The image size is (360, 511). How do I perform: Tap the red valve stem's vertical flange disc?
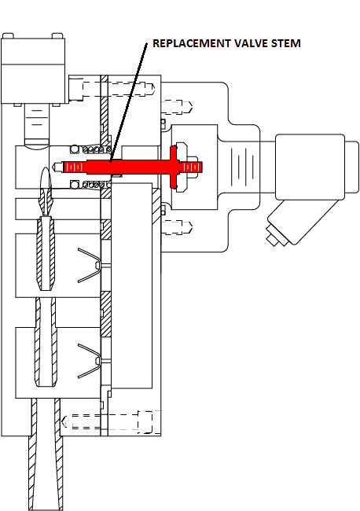coord(174,167)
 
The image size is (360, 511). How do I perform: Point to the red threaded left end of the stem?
coord(73,167)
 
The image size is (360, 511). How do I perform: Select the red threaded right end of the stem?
coord(193,167)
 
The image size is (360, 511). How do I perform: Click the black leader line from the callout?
coord(128,102)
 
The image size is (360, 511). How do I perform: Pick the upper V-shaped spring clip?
coord(89,265)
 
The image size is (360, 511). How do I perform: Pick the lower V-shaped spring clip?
coord(89,361)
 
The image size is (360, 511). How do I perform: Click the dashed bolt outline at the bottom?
coord(108,421)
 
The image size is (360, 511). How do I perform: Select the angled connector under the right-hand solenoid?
coord(298,223)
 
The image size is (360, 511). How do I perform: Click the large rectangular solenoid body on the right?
coord(310,167)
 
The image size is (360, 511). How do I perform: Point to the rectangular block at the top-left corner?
coord(33,69)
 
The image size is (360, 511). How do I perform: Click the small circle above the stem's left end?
coord(75,149)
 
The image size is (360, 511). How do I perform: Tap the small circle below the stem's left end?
coord(75,185)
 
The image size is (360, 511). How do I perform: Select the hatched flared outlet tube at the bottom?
coord(46,454)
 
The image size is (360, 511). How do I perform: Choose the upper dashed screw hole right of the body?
coord(177,107)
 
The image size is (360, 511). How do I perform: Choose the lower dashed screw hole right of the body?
coord(177,227)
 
